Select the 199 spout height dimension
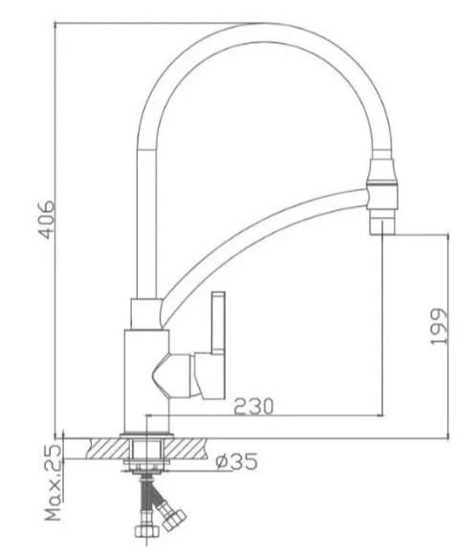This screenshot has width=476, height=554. tap(438, 327)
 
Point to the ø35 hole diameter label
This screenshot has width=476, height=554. tap(236, 462)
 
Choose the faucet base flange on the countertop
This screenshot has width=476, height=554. tap(146, 437)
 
